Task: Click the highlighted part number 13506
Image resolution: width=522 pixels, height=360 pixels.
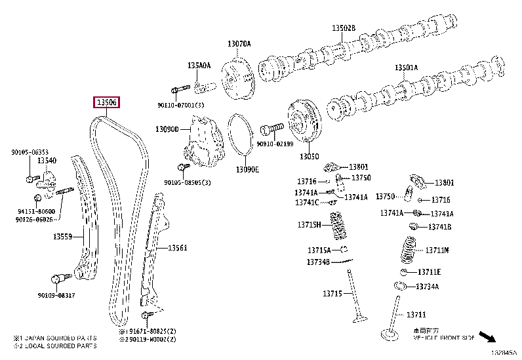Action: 106,102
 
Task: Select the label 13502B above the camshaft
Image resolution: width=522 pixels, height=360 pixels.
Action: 342,29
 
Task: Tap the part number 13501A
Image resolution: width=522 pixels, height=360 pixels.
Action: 405,68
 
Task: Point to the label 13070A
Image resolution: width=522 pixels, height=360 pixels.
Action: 239,44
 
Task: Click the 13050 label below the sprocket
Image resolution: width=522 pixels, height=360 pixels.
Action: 309,157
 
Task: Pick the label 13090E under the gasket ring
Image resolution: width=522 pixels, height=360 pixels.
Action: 247,169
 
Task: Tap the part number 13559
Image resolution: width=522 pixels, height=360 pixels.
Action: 63,237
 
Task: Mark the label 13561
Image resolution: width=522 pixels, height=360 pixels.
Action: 177,248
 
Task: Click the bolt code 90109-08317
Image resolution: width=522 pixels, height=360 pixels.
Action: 56,296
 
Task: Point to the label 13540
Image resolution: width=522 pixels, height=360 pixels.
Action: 46,160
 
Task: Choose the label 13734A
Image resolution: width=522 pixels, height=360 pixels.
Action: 428,287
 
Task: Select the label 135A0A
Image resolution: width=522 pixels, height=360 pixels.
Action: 199,66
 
